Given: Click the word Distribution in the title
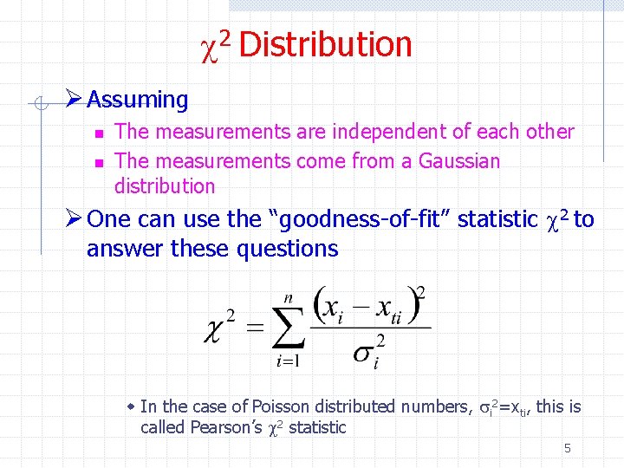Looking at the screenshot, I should click(325, 44).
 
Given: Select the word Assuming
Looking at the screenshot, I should click(138, 100).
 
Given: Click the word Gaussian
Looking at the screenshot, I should click(459, 161).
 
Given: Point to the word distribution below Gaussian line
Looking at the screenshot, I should click(165, 186).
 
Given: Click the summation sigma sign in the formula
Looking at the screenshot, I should click(289, 328).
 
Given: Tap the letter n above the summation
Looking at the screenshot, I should click(288, 296).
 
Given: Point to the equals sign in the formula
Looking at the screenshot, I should click(255, 328).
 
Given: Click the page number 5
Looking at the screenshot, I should click(568, 448).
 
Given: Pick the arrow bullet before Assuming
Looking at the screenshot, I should click(74, 100).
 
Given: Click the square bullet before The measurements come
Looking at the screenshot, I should click(99, 162).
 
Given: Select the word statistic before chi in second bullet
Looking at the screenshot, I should click(497, 219).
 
